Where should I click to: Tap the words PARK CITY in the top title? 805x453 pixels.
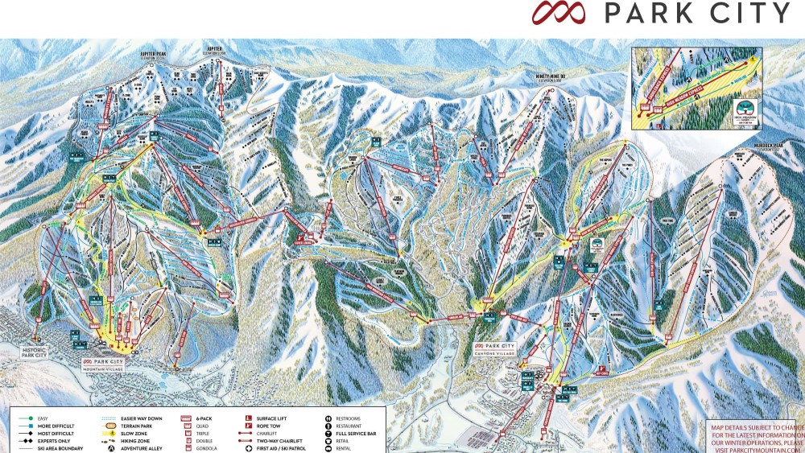point(696,14)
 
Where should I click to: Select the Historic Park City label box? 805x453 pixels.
point(37,352)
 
